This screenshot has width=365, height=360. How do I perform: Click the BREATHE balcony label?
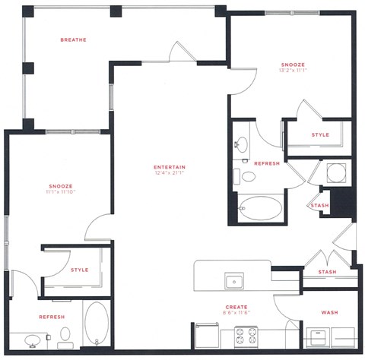coord(74,39)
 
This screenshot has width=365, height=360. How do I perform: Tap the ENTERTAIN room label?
coord(170,167)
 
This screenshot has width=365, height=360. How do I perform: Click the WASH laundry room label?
coord(329,312)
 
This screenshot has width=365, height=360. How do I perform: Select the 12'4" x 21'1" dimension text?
coord(170,174)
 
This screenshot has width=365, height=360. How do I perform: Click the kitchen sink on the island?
coord(235,281)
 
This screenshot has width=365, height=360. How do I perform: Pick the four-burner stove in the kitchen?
coord(246,335)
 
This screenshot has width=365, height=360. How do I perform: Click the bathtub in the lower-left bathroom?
coord(97,324)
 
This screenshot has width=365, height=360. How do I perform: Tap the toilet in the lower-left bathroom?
coord(65,334)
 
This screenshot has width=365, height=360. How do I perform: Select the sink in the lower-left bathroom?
coord(33,339)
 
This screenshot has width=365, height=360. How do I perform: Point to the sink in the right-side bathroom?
coord(242,143)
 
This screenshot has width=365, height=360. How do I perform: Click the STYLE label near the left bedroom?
coord(80,270)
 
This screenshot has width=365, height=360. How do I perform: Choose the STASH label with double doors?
coord(327,271)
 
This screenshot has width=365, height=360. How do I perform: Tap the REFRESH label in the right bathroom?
coord(266,163)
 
